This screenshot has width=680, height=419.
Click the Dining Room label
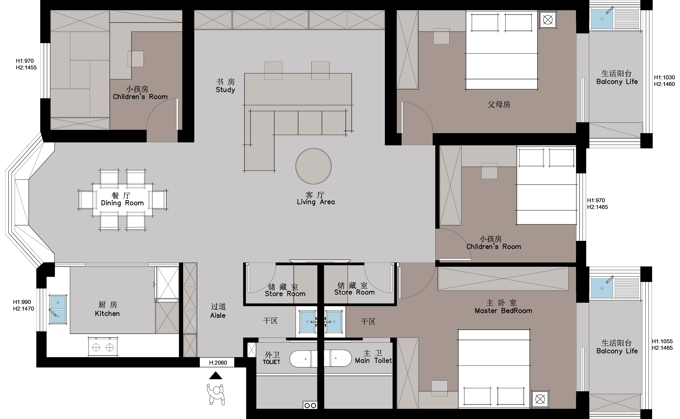coord(122,203)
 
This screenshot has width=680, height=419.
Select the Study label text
coord(225,90)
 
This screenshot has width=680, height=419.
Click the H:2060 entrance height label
coord(218,363)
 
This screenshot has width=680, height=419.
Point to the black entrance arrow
coord(216,376)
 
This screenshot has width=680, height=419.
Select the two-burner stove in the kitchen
coord(103,346)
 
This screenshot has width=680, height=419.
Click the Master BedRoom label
coord(503,311)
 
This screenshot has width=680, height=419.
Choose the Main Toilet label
coord(373,360)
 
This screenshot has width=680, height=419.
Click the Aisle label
coord(218,315)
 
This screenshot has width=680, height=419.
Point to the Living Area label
coord(316,202)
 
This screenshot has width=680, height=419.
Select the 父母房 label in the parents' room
coord(499,105)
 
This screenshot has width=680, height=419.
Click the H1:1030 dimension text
coord(664,78)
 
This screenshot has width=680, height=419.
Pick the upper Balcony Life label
coord(617,82)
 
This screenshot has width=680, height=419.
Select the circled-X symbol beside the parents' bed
coord(548,20)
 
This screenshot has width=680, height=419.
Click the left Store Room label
coord(285,294)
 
